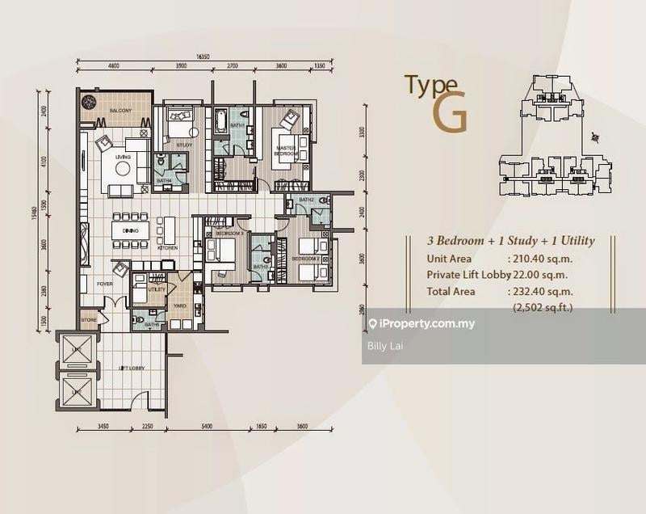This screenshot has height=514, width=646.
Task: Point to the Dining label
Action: tap(131, 231)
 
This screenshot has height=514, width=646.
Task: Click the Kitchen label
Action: tap(167, 248)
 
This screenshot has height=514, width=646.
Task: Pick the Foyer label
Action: tap(105, 284)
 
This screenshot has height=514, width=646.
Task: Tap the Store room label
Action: tap(88, 320)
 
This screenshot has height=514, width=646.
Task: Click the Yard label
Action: tap(178, 306)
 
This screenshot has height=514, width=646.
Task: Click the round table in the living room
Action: tap(123, 169)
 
